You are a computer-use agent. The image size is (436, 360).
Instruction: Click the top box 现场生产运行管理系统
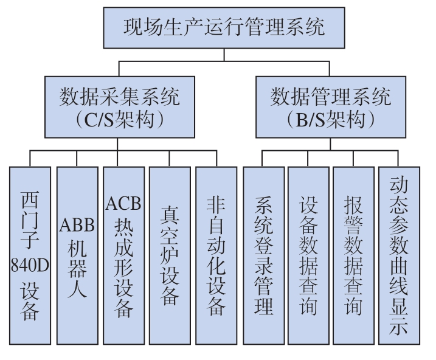tap(224, 28)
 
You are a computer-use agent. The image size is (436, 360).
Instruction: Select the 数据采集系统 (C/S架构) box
tap(120, 107)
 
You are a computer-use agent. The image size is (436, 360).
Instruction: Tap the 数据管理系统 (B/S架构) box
tap(331, 107)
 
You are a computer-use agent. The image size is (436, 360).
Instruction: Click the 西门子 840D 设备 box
tap(30, 256)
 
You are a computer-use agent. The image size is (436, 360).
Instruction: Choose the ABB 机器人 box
tap(77, 256)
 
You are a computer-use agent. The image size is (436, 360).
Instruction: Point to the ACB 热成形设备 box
tap(123, 256)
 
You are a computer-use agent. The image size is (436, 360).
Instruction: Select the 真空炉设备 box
tap(170, 256)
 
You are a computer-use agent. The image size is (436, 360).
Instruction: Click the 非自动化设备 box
tap(216, 256)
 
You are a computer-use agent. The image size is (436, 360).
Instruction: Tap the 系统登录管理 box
tap(263, 256)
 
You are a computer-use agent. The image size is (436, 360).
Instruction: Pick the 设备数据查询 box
tap(308, 256)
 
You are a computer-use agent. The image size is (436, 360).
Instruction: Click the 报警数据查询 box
tap(353, 256)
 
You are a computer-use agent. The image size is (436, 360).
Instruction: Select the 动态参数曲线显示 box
tap(399, 256)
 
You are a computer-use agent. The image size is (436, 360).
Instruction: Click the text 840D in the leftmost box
tap(30, 265)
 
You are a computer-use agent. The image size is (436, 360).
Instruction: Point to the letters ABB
tap(77, 224)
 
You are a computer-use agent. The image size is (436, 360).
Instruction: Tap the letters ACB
tap(123, 203)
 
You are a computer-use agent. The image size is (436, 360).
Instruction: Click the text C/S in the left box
tap(99, 120)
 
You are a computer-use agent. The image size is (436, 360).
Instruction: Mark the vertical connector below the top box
tap(224, 55)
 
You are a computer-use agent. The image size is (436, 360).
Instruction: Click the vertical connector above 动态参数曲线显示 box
tap(398, 159)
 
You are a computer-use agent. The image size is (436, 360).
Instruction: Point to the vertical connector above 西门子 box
tap(30, 159)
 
